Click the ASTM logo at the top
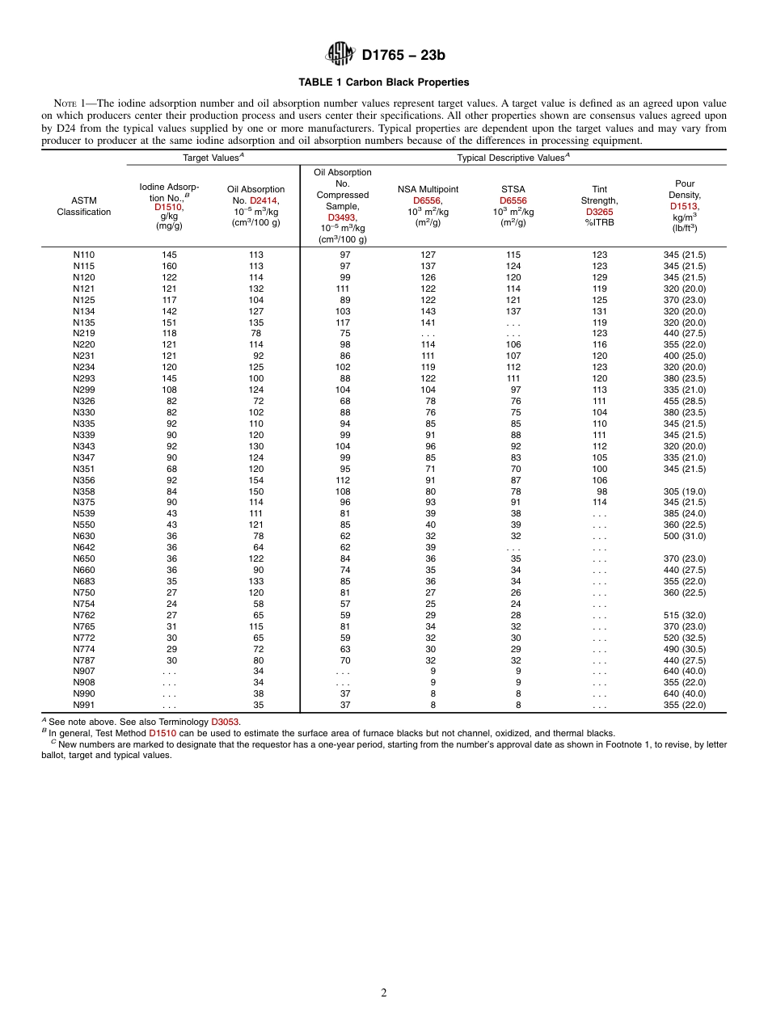click(339, 54)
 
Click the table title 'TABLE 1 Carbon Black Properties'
click(383, 82)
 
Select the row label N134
click(83, 311)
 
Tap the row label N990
click(83, 693)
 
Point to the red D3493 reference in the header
click(342, 217)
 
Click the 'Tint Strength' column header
click(599, 200)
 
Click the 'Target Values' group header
click(213, 158)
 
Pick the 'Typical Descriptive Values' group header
click(513, 158)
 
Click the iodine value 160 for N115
click(169, 266)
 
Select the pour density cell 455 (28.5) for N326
click(684, 401)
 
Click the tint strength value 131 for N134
click(599, 311)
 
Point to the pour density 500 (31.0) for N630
click(684, 536)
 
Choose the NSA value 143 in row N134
click(428, 311)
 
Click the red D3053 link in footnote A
click(225, 721)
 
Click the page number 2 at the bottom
click(384, 993)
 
